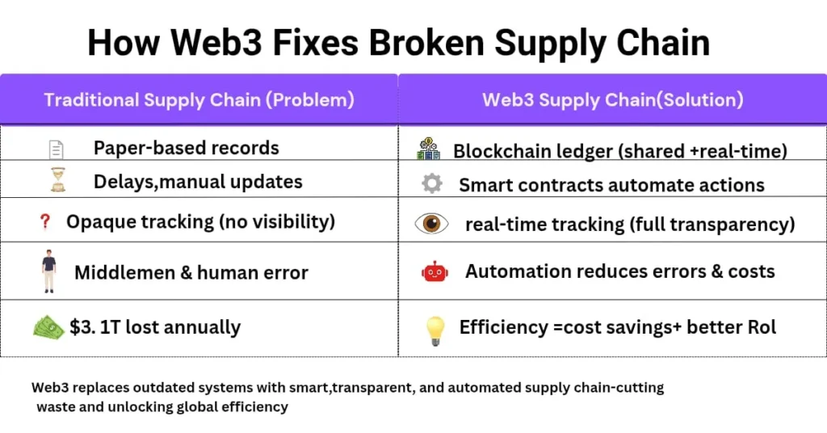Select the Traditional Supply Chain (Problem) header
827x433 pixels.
pos(199,100)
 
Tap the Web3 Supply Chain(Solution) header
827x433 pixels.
pos(613,100)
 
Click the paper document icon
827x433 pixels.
pos(56,149)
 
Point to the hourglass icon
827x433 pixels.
pos(56,180)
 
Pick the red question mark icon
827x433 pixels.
pos(45,221)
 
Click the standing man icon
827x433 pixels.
pos(49,271)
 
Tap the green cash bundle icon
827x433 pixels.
pos(48,326)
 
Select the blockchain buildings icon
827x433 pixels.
pos(429,149)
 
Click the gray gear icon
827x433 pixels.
pos(432,184)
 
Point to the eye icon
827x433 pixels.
pos(432,224)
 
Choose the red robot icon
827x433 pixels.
pos(434,272)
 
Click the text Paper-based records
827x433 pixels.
pos(187,148)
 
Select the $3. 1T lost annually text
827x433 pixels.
pos(155,327)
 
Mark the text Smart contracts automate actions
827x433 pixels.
pos(611,185)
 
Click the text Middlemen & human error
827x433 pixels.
pos(191,273)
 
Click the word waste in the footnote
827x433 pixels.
pos(53,407)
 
